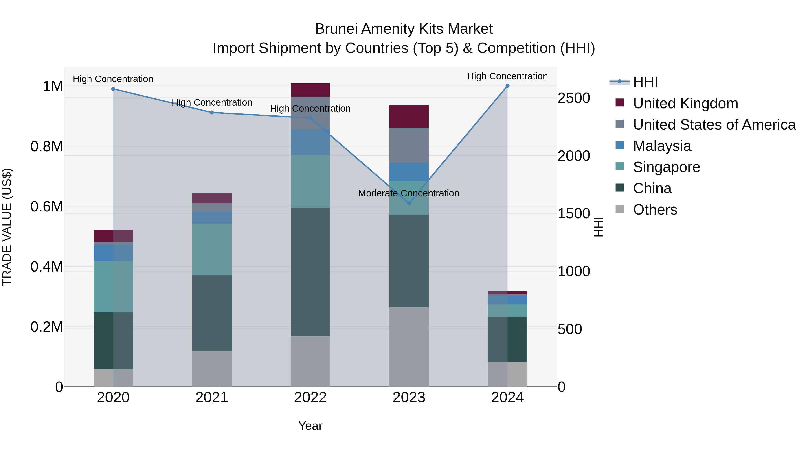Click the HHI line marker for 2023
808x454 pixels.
click(409, 203)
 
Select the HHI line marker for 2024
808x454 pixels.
click(507, 86)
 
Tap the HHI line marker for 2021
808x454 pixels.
click(212, 113)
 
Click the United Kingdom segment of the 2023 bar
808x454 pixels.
click(409, 117)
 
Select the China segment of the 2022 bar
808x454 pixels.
click(310, 272)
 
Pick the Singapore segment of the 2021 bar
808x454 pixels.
click(212, 249)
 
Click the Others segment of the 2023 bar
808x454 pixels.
click(409, 347)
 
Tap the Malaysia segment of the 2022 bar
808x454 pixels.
click(310, 142)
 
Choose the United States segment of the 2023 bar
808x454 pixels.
click(409, 145)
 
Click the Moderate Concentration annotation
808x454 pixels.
click(408, 193)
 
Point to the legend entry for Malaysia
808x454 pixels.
click(662, 146)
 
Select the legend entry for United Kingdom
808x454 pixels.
click(685, 103)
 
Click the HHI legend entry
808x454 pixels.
click(645, 82)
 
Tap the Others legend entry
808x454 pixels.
click(655, 210)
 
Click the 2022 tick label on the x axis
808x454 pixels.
click(310, 398)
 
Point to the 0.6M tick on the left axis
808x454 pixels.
click(47, 206)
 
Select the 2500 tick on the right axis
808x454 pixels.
click(574, 98)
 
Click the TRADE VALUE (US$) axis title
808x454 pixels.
click(7, 227)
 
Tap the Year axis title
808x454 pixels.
click(310, 426)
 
